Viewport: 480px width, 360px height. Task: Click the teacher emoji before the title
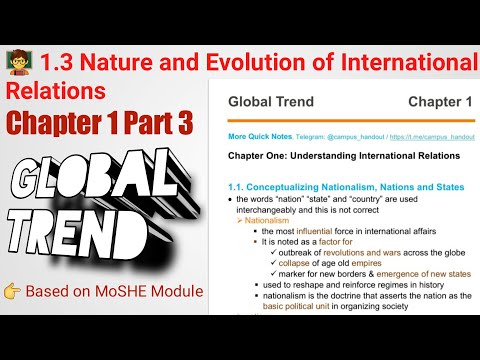click(20, 63)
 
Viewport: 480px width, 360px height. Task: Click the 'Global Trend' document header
click(271, 101)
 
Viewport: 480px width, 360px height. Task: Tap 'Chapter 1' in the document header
click(439, 101)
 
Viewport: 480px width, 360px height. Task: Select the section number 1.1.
click(238, 186)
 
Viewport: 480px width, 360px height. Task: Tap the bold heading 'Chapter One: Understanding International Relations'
click(344, 156)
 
